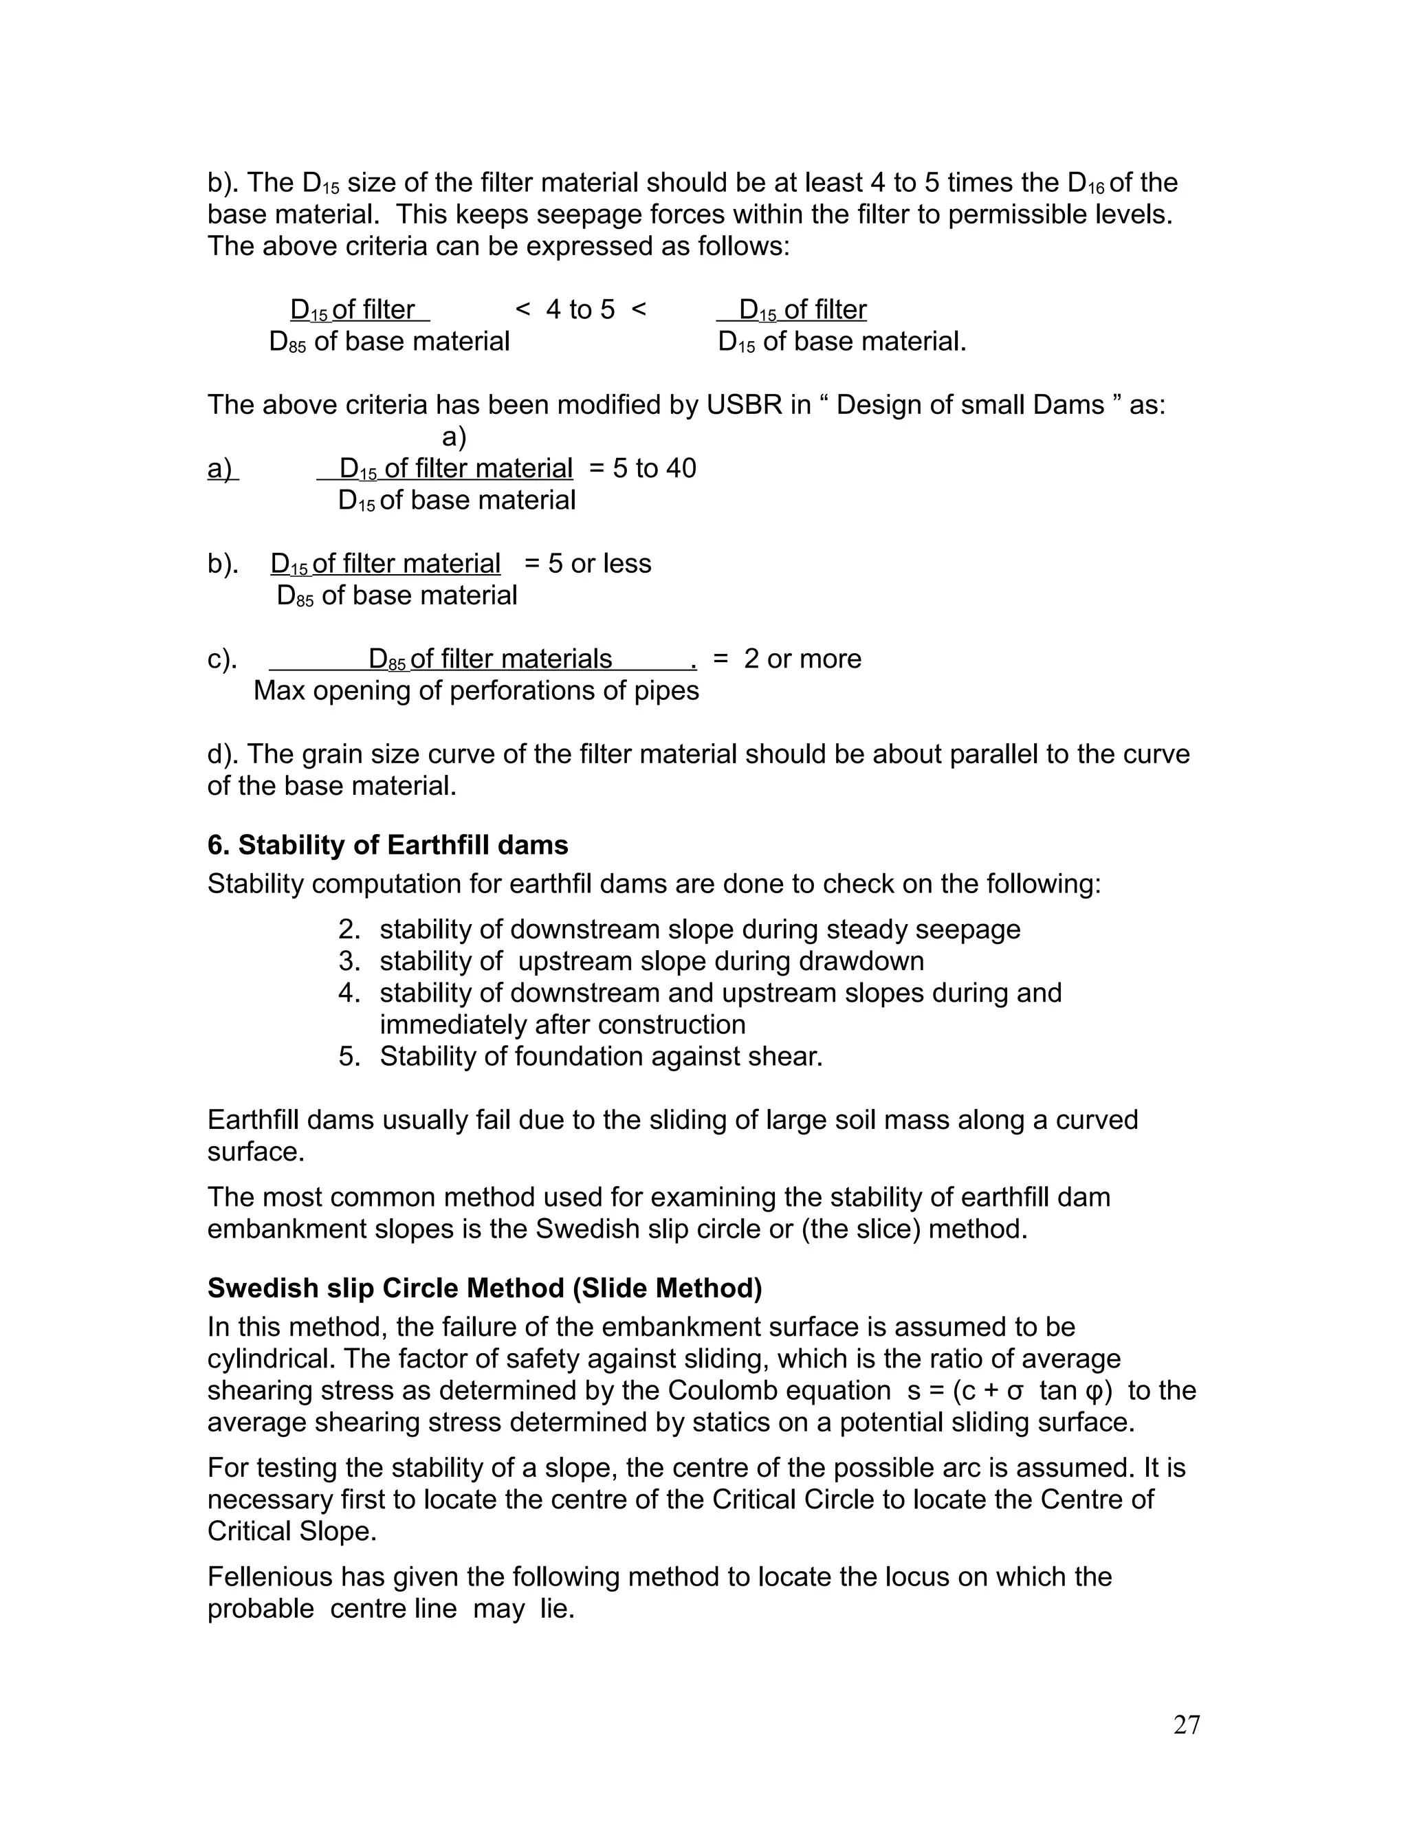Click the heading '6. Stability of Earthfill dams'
pos(387,845)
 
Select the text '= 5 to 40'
pos(642,468)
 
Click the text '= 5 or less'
pos(587,563)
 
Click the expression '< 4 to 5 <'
pos(580,309)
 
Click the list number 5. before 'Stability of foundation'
pos(349,1056)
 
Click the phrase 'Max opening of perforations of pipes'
pos(476,691)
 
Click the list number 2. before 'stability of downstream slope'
pos(349,930)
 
